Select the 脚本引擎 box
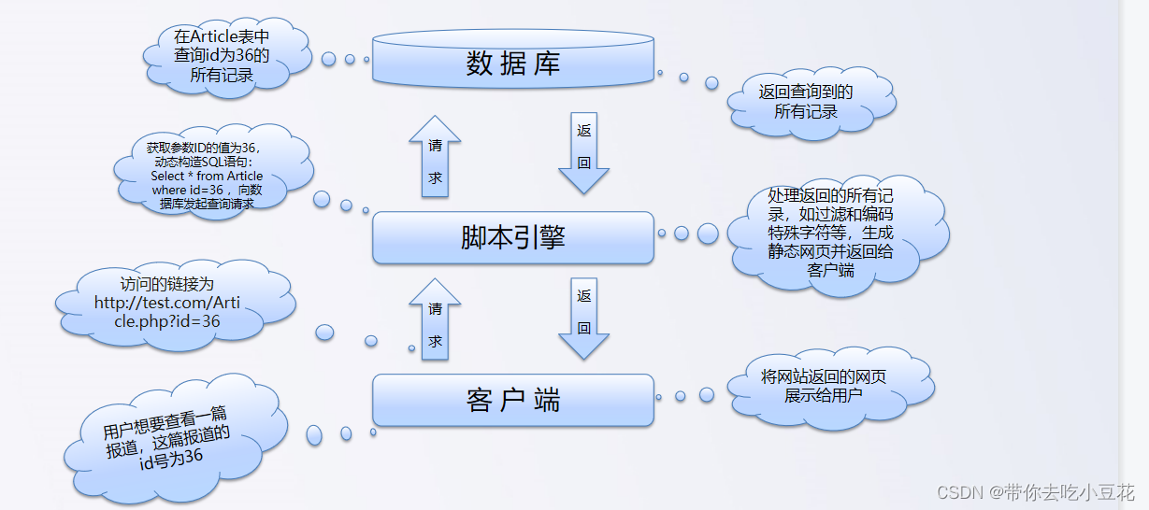[512, 237]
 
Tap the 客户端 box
[512, 400]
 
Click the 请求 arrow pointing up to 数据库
[435, 159]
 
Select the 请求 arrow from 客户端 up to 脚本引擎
[435, 321]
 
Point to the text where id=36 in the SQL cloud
[184, 190]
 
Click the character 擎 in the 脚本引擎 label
[552, 237]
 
